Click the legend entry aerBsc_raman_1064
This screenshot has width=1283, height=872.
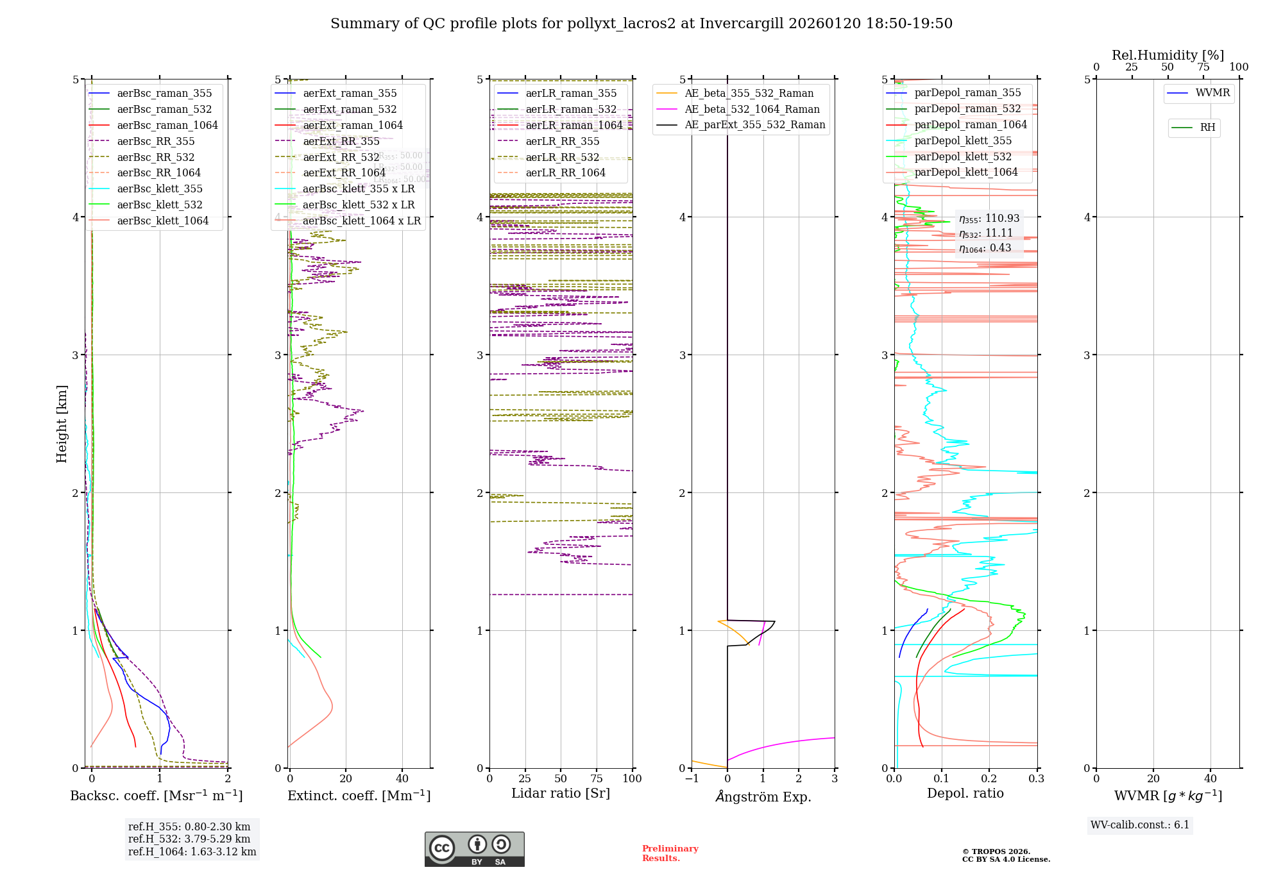tap(167, 126)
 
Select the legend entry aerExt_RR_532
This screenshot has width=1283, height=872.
tap(341, 157)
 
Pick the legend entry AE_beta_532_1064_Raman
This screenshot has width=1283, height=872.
tap(752, 110)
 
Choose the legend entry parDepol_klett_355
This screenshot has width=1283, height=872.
tap(962, 141)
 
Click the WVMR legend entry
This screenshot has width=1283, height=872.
tap(1212, 93)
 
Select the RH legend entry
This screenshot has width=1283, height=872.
tap(1207, 128)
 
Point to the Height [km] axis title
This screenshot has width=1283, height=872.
tap(62, 424)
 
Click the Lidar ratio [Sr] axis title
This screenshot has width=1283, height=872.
tap(560, 794)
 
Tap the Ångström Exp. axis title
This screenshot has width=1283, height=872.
tap(763, 797)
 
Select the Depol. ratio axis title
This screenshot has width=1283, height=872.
tap(965, 794)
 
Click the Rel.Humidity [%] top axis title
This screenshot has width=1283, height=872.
tap(1168, 55)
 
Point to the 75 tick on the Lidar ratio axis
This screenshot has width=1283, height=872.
tap(597, 779)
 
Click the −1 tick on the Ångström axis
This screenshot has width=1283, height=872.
tap(691, 779)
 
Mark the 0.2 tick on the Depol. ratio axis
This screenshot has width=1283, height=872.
tap(989, 779)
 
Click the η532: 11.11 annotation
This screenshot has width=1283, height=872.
tap(985, 233)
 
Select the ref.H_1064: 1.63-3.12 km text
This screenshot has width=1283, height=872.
tap(192, 852)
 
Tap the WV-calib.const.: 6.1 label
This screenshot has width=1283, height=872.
tap(1140, 825)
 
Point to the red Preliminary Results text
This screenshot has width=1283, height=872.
tap(670, 853)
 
